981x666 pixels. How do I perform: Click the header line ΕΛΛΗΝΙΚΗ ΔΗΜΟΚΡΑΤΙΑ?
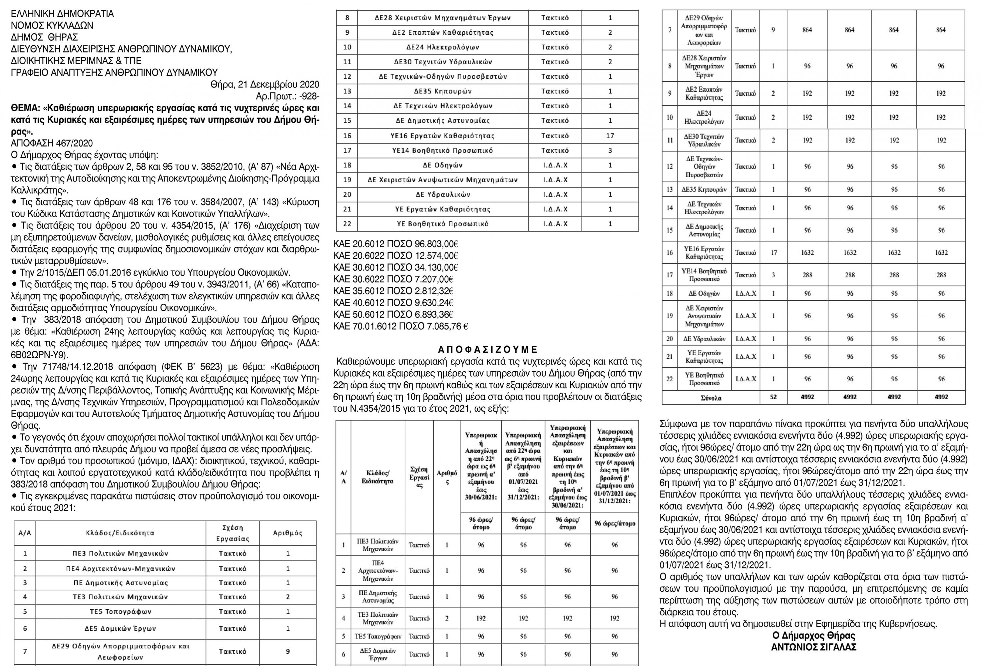63,14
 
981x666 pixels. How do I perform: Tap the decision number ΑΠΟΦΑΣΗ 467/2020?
52,144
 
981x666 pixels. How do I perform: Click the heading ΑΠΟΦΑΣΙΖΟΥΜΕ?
488,349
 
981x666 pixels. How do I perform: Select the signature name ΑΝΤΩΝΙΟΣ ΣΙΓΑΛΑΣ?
813,647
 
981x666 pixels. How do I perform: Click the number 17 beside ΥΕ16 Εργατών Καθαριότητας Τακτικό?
610,136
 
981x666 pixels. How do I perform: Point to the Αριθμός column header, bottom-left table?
287,533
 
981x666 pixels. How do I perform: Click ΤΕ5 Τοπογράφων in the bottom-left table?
120,611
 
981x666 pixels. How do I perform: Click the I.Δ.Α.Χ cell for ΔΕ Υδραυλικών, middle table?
555,194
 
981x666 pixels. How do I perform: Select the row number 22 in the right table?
670,379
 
